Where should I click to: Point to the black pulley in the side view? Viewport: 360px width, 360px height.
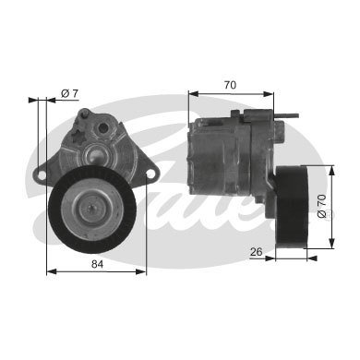(293, 207)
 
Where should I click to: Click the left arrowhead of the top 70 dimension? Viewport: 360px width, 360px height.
(192, 92)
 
